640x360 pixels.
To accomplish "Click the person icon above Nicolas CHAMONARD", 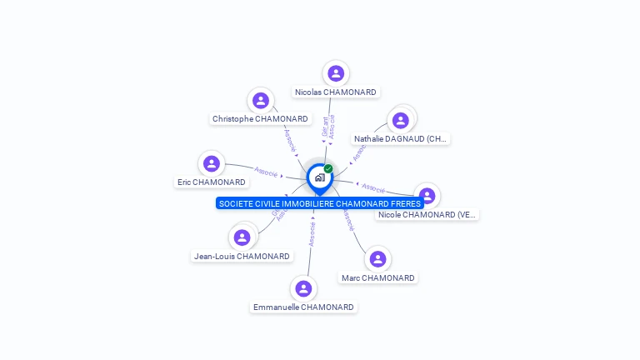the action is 336,73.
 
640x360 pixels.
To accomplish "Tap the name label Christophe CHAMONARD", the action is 260,119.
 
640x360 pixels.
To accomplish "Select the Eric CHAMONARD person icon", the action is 212,163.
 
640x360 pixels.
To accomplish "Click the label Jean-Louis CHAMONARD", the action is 242,257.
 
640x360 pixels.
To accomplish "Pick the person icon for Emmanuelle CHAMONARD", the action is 303,288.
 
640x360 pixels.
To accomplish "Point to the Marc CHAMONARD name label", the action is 377,277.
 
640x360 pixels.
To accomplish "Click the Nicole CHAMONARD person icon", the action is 427,196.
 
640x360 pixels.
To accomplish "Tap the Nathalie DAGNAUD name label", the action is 401,139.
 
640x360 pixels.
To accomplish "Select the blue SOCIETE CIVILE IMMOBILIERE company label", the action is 320,203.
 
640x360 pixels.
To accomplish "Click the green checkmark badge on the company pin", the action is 328,168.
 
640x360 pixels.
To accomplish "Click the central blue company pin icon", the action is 319,177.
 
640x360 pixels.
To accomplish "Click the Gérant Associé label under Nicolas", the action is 328,126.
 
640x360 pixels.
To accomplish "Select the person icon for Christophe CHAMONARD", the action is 261,101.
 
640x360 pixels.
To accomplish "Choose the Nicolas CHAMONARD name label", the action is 335,92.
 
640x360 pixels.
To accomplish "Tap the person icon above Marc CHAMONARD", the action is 377,259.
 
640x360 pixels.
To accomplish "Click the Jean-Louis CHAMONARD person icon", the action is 242,237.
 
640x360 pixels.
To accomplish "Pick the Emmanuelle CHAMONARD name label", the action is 303,307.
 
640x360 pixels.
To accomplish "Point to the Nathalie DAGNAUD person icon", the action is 401,120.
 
